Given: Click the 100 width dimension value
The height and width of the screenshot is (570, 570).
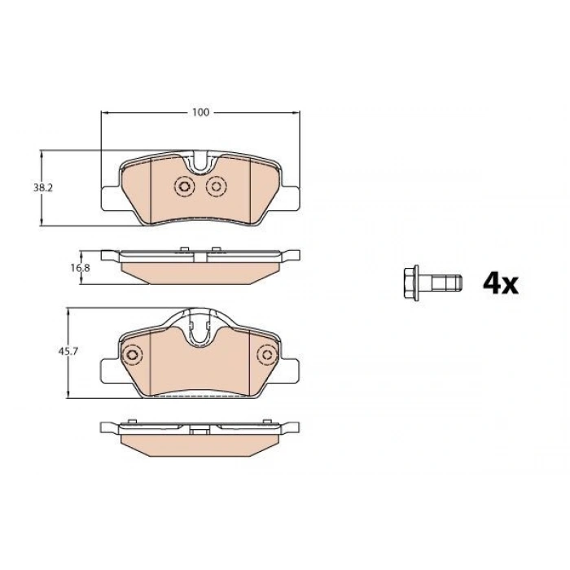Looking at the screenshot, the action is [200, 112].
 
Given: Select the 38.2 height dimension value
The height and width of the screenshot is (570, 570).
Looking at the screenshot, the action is [43, 188].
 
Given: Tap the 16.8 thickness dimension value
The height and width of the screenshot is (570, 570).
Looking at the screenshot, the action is [80, 268].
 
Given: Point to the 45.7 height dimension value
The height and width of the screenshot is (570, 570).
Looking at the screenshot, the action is [68, 352].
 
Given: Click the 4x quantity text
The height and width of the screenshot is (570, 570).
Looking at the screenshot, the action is [501, 284].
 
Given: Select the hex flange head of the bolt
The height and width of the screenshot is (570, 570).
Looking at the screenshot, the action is [411, 283].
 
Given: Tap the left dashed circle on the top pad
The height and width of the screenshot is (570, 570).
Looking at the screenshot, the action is [184, 186].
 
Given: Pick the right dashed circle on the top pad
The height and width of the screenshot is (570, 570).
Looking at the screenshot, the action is [217, 186].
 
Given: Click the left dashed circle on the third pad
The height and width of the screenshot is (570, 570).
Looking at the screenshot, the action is [132, 354].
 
